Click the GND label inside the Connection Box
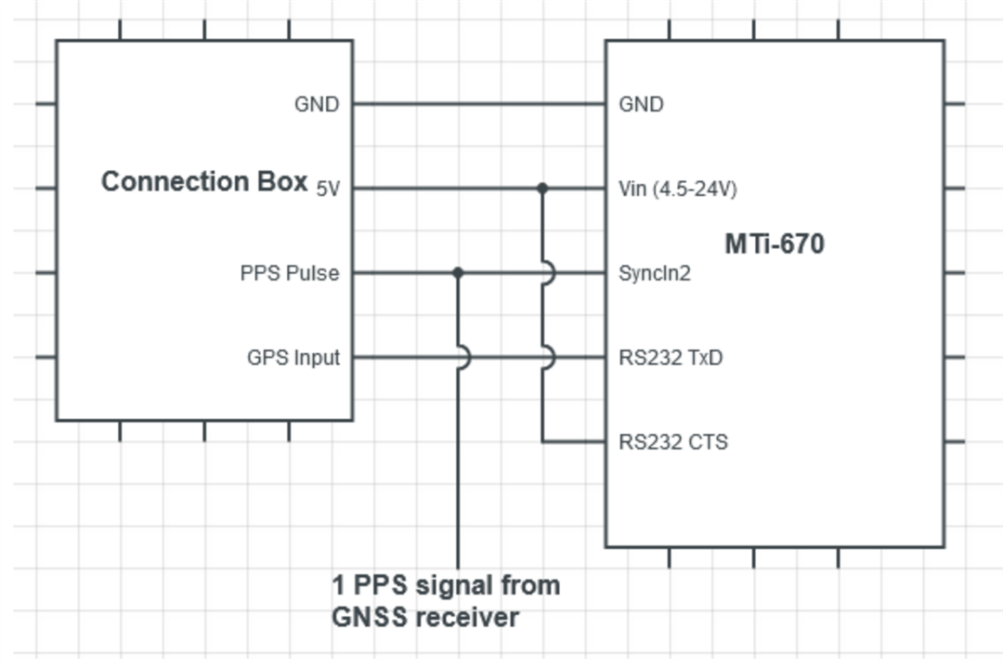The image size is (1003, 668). pyautogui.click(x=317, y=104)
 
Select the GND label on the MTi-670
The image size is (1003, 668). pyautogui.click(x=641, y=104)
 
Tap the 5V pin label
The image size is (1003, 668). pyautogui.click(x=328, y=190)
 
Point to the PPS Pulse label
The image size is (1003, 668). pyautogui.click(x=290, y=274)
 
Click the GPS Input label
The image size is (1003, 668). pyautogui.click(x=293, y=358)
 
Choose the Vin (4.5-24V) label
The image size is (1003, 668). pyautogui.click(x=678, y=190)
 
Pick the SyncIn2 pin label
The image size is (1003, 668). pyautogui.click(x=655, y=274)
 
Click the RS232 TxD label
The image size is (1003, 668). pyautogui.click(x=671, y=358)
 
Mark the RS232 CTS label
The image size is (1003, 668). pyautogui.click(x=673, y=442)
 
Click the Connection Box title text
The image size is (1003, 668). pyautogui.click(x=203, y=181)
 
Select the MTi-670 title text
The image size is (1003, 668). pyautogui.click(x=775, y=244)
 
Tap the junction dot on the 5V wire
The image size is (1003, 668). pyautogui.click(x=542, y=189)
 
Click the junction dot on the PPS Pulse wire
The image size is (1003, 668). pyautogui.click(x=458, y=273)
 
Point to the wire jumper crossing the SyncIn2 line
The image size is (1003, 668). pyautogui.click(x=547, y=273)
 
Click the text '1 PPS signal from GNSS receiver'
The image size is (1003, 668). pyautogui.click(x=446, y=601)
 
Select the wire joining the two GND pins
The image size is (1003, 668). pyautogui.click(x=478, y=104)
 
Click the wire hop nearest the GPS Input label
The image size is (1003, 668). pyautogui.click(x=462, y=357)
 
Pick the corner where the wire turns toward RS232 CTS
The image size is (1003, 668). pyautogui.click(x=542, y=441)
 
